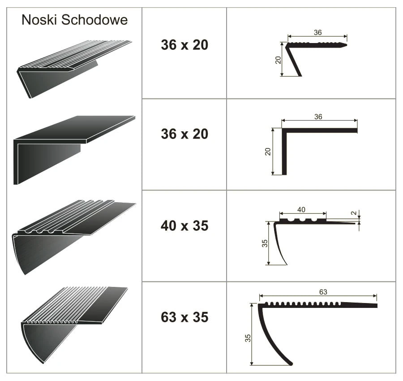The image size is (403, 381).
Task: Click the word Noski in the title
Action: pos(39,20)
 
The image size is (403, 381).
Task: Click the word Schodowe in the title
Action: pos(94,20)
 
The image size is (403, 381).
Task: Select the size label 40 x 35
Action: pos(184,225)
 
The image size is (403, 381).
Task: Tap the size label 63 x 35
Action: pos(184,317)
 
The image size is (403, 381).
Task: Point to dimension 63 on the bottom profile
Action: pos(323,292)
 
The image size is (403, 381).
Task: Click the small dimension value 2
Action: pos(354,213)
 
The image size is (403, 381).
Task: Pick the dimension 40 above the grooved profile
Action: pos(301,210)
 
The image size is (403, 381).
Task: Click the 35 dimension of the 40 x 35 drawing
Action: pos(265,243)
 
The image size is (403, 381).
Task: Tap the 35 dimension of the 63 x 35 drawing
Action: pos(248,338)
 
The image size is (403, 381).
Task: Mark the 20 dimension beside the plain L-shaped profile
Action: pos(268,152)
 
